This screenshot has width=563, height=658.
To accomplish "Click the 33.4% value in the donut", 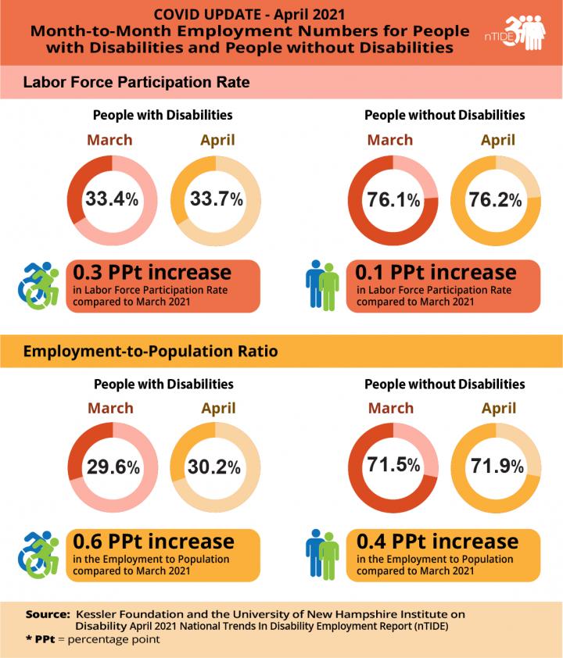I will [x=112, y=199].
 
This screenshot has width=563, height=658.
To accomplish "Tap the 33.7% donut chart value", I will [x=213, y=199].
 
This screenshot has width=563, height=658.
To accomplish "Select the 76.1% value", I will [x=393, y=199].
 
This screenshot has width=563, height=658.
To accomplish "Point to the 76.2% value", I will [x=494, y=199].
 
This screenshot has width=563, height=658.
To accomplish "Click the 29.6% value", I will [x=112, y=467].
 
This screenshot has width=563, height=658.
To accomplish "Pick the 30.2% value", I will [x=213, y=467].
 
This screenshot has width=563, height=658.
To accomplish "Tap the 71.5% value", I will [x=393, y=466].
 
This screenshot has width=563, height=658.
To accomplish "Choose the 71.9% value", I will [x=494, y=467].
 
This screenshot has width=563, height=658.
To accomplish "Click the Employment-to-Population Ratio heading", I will [x=150, y=352].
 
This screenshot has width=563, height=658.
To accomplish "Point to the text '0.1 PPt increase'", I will [x=436, y=273].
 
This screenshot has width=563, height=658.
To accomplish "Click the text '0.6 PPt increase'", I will [x=153, y=542].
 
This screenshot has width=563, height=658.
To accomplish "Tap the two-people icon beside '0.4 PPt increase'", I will [x=321, y=553].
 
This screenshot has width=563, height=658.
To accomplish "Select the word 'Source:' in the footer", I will [x=48, y=614].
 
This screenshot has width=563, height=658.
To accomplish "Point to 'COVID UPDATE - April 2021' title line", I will [x=246, y=14].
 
